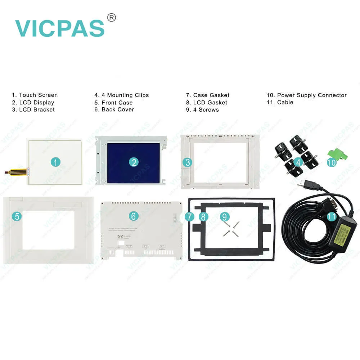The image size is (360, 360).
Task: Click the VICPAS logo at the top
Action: (60, 28)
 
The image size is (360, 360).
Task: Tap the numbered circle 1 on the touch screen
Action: (55, 162)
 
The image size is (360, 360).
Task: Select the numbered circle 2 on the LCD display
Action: (134, 162)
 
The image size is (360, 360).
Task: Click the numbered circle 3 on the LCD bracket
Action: (187, 162)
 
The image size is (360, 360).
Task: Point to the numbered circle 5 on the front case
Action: (16, 216)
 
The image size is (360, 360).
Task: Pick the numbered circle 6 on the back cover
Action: (134, 216)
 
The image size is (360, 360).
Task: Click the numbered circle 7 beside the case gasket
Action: (190, 217)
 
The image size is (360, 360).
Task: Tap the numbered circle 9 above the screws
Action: (225, 216)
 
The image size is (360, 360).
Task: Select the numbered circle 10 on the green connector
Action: (331, 162)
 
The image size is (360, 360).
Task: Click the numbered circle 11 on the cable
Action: (332, 216)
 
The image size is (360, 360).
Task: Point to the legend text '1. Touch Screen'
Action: (35, 95)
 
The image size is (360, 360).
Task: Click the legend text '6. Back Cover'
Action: (114, 109)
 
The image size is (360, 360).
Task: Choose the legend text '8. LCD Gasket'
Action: (207, 102)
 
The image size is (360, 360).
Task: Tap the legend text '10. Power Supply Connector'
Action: (306, 95)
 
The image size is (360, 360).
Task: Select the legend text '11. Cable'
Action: (280, 102)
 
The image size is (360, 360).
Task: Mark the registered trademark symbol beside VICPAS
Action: (112, 17)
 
